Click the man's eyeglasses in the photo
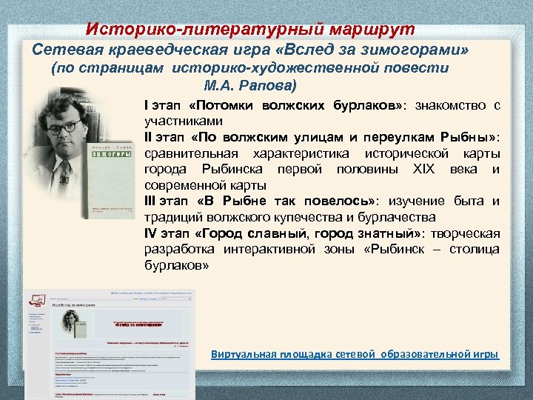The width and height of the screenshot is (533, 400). point(64,127)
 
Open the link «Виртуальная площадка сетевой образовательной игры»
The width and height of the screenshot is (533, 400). point(355,355)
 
